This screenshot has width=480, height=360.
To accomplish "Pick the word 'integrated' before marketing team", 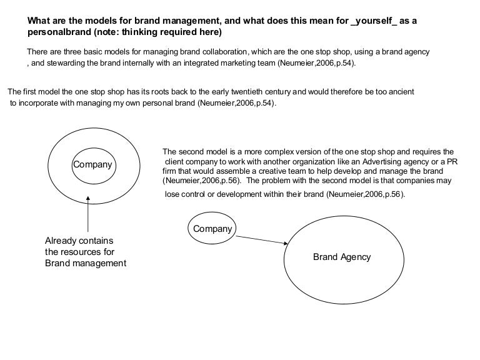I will coord(206,63).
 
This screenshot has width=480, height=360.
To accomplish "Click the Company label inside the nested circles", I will coord(92,165).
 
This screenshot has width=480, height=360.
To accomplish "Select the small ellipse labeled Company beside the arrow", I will coord(212,229).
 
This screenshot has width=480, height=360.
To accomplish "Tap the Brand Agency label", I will coord(342,257).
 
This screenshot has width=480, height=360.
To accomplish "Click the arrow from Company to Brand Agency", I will coord(262,239).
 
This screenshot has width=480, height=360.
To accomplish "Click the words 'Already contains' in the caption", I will coord(79,241).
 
